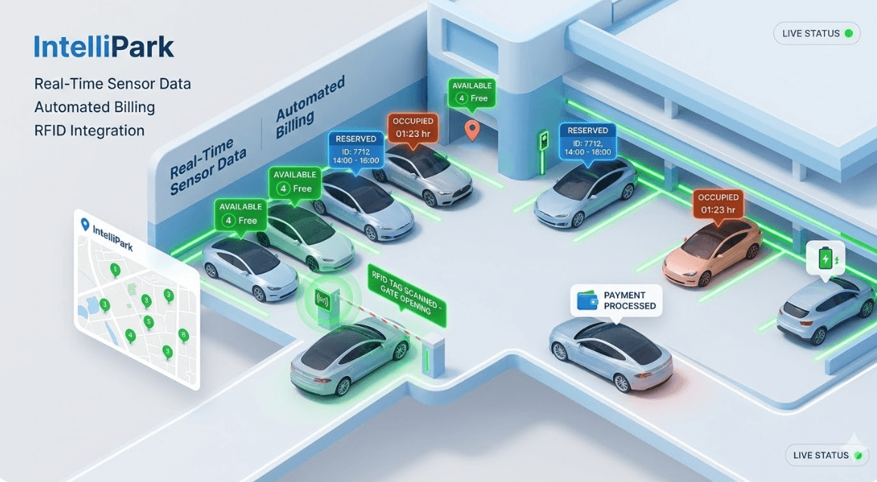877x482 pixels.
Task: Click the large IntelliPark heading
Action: click(x=104, y=47)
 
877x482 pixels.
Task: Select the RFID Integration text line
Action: click(x=89, y=131)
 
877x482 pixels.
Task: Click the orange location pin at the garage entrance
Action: click(x=472, y=129)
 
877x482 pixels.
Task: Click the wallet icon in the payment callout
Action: click(x=587, y=300)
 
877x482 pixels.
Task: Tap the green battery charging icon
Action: click(x=826, y=258)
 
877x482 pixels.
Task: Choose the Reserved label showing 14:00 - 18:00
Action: click(x=587, y=141)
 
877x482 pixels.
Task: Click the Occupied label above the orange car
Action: click(x=718, y=203)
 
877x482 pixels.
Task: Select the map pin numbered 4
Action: click(x=131, y=335)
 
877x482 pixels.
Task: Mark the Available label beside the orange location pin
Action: click(x=473, y=92)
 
